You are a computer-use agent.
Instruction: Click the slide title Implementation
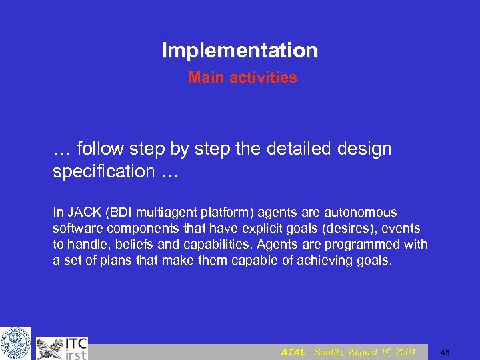coord(239,50)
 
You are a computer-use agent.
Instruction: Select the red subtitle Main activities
coord(243,78)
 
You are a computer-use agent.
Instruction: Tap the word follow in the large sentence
coord(99,149)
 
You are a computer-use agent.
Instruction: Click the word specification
coord(103,171)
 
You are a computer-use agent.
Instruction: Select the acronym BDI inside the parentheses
coord(117,213)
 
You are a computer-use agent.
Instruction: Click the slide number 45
coord(445,353)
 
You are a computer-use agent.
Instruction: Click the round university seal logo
coord(15,343)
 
